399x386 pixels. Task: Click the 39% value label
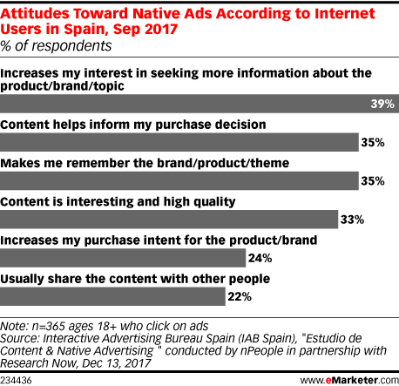(x=382, y=104)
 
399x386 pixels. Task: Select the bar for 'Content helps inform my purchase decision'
(x=179, y=142)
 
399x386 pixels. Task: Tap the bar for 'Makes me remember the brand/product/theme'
(x=179, y=181)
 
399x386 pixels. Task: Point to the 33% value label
(x=352, y=220)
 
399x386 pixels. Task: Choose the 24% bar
(x=123, y=258)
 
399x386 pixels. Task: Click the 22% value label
(x=240, y=296)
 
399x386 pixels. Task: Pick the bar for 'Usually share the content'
(x=112, y=296)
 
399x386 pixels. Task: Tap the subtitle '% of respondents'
(x=56, y=46)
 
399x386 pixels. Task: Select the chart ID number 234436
(x=16, y=381)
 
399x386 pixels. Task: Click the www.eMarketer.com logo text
(x=349, y=380)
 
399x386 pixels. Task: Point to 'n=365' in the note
(x=49, y=326)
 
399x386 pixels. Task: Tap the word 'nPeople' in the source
(x=261, y=351)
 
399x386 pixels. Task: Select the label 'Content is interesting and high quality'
(x=118, y=202)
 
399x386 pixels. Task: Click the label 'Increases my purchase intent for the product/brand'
(x=159, y=240)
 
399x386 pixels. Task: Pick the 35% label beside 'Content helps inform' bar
(x=373, y=142)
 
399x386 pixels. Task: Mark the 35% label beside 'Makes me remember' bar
(x=373, y=181)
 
